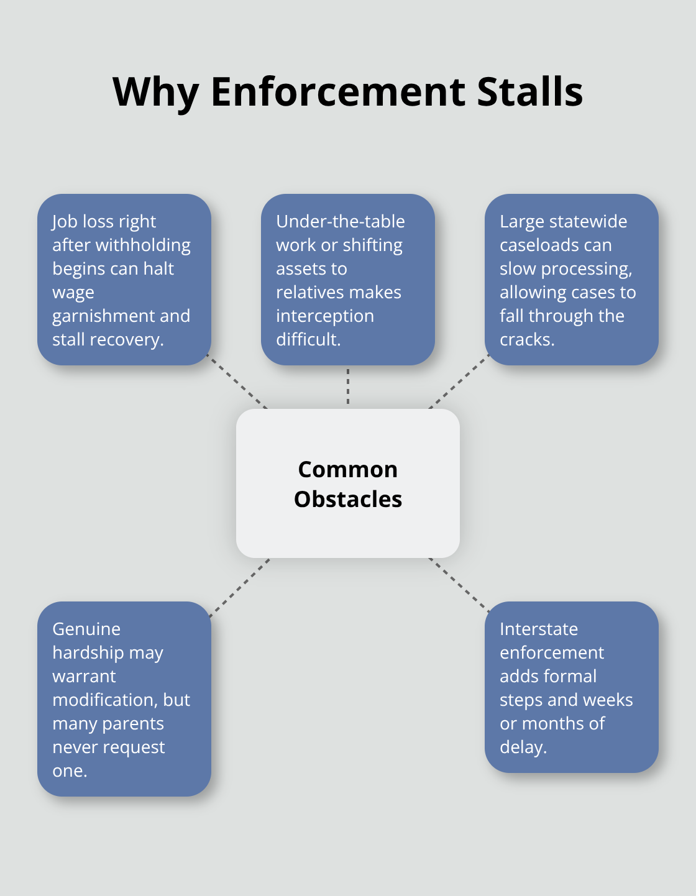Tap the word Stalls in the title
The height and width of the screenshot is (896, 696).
coord(529,92)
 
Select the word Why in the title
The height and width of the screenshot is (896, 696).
coord(155,92)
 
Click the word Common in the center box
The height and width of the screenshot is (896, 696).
coord(347,469)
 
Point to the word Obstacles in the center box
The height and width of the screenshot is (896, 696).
coord(347,499)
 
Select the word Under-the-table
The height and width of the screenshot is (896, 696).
coord(340,221)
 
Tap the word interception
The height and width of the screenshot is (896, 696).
coord(324,316)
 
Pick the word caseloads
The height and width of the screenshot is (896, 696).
coord(556,245)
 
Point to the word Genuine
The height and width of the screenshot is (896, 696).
coord(86,629)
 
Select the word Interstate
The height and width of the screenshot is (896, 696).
coord(538,629)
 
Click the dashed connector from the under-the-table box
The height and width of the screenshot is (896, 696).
coord(348,386)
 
